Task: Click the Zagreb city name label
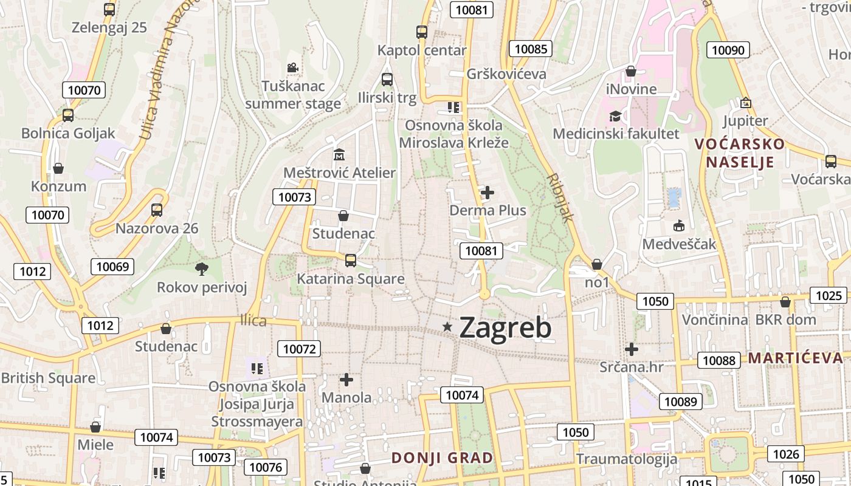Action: click(505, 327)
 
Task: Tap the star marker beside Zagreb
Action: click(448, 327)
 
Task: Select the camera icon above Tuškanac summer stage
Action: click(292, 67)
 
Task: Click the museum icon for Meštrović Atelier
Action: click(339, 155)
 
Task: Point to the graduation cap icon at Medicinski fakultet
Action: click(615, 115)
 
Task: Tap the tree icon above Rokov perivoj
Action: click(201, 268)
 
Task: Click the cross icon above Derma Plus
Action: click(488, 193)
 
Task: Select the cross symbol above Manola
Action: click(346, 380)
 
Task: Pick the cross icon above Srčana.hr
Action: click(632, 349)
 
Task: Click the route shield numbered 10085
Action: click(531, 49)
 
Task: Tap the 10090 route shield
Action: click(728, 50)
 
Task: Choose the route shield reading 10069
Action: click(112, 266)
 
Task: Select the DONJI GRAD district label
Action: click(442, 458)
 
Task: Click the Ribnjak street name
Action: click(560, 198)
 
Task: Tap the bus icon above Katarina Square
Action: click(351, 261)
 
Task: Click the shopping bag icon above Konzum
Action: click(58, 168)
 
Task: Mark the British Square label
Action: click(48, 378)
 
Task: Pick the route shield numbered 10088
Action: click(718, 360)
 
